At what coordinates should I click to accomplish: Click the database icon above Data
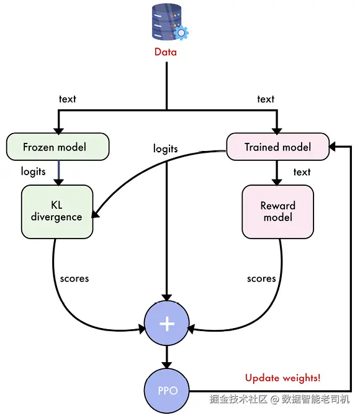tap(169, 22)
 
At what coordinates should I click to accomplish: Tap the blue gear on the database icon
tap(181, 32)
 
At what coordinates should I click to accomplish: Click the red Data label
tap(166, 52)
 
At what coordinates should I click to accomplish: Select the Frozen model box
tap(58, 147)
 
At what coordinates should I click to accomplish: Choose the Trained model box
tap(277, 147)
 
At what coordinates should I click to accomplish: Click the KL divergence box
tap(57, 212)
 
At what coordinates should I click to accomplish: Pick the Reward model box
tap(277, 212)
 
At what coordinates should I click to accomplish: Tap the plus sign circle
tap(166, 323)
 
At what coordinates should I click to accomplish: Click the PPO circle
tap(166, 391)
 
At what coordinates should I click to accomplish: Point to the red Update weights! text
tap(282, 378)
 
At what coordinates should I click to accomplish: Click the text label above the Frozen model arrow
tap(68, 99)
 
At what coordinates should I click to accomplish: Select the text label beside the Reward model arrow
tap(302, 172)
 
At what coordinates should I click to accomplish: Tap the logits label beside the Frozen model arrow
tap(34, 171)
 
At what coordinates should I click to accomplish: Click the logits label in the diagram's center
tap(166, 148)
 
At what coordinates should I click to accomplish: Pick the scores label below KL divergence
tap(74, 279)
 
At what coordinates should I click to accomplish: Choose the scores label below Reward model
tap(261, 279)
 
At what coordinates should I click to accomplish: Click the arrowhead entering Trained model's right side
tap(332, 146)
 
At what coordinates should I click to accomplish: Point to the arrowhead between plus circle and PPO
tap(166, 365)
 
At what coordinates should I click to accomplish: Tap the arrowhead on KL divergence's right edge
tap(96, 214)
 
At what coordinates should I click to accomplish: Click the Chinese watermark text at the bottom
tap(279, 399)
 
